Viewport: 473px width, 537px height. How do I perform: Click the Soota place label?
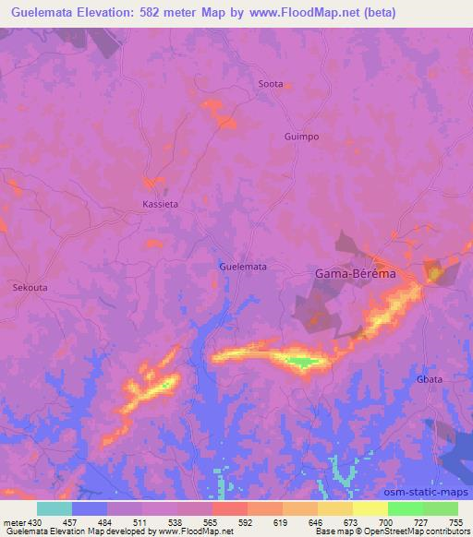(x=271, y=84)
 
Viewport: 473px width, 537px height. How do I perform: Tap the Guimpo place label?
(x=300, y=137)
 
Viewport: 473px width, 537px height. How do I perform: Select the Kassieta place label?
(x=160, y=204)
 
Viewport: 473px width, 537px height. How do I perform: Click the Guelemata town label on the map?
(x=243, y=267)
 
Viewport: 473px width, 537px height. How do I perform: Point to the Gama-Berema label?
(x=356, y=274)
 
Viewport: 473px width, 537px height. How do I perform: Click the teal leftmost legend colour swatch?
(x=55, y=508)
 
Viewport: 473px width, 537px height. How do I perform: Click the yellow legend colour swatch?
(x=370, y=508)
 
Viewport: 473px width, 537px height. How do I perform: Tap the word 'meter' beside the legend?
(x=10, y=522)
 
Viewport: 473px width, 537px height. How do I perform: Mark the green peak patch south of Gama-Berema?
(x=300, y=362)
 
